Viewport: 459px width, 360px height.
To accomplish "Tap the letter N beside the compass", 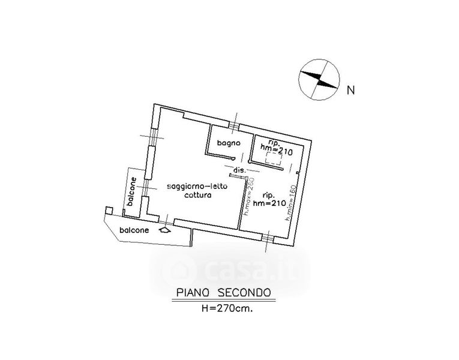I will click(x=352, y=91).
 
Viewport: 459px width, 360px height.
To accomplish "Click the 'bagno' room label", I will click(x=229, y=143).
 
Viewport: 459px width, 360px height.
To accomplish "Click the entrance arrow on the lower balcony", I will click(x=164, y=229).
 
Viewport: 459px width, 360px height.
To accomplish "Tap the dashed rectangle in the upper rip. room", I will click(x=274, y=160).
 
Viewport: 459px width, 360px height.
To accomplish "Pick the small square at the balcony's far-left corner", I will click(x=107, y=210).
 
